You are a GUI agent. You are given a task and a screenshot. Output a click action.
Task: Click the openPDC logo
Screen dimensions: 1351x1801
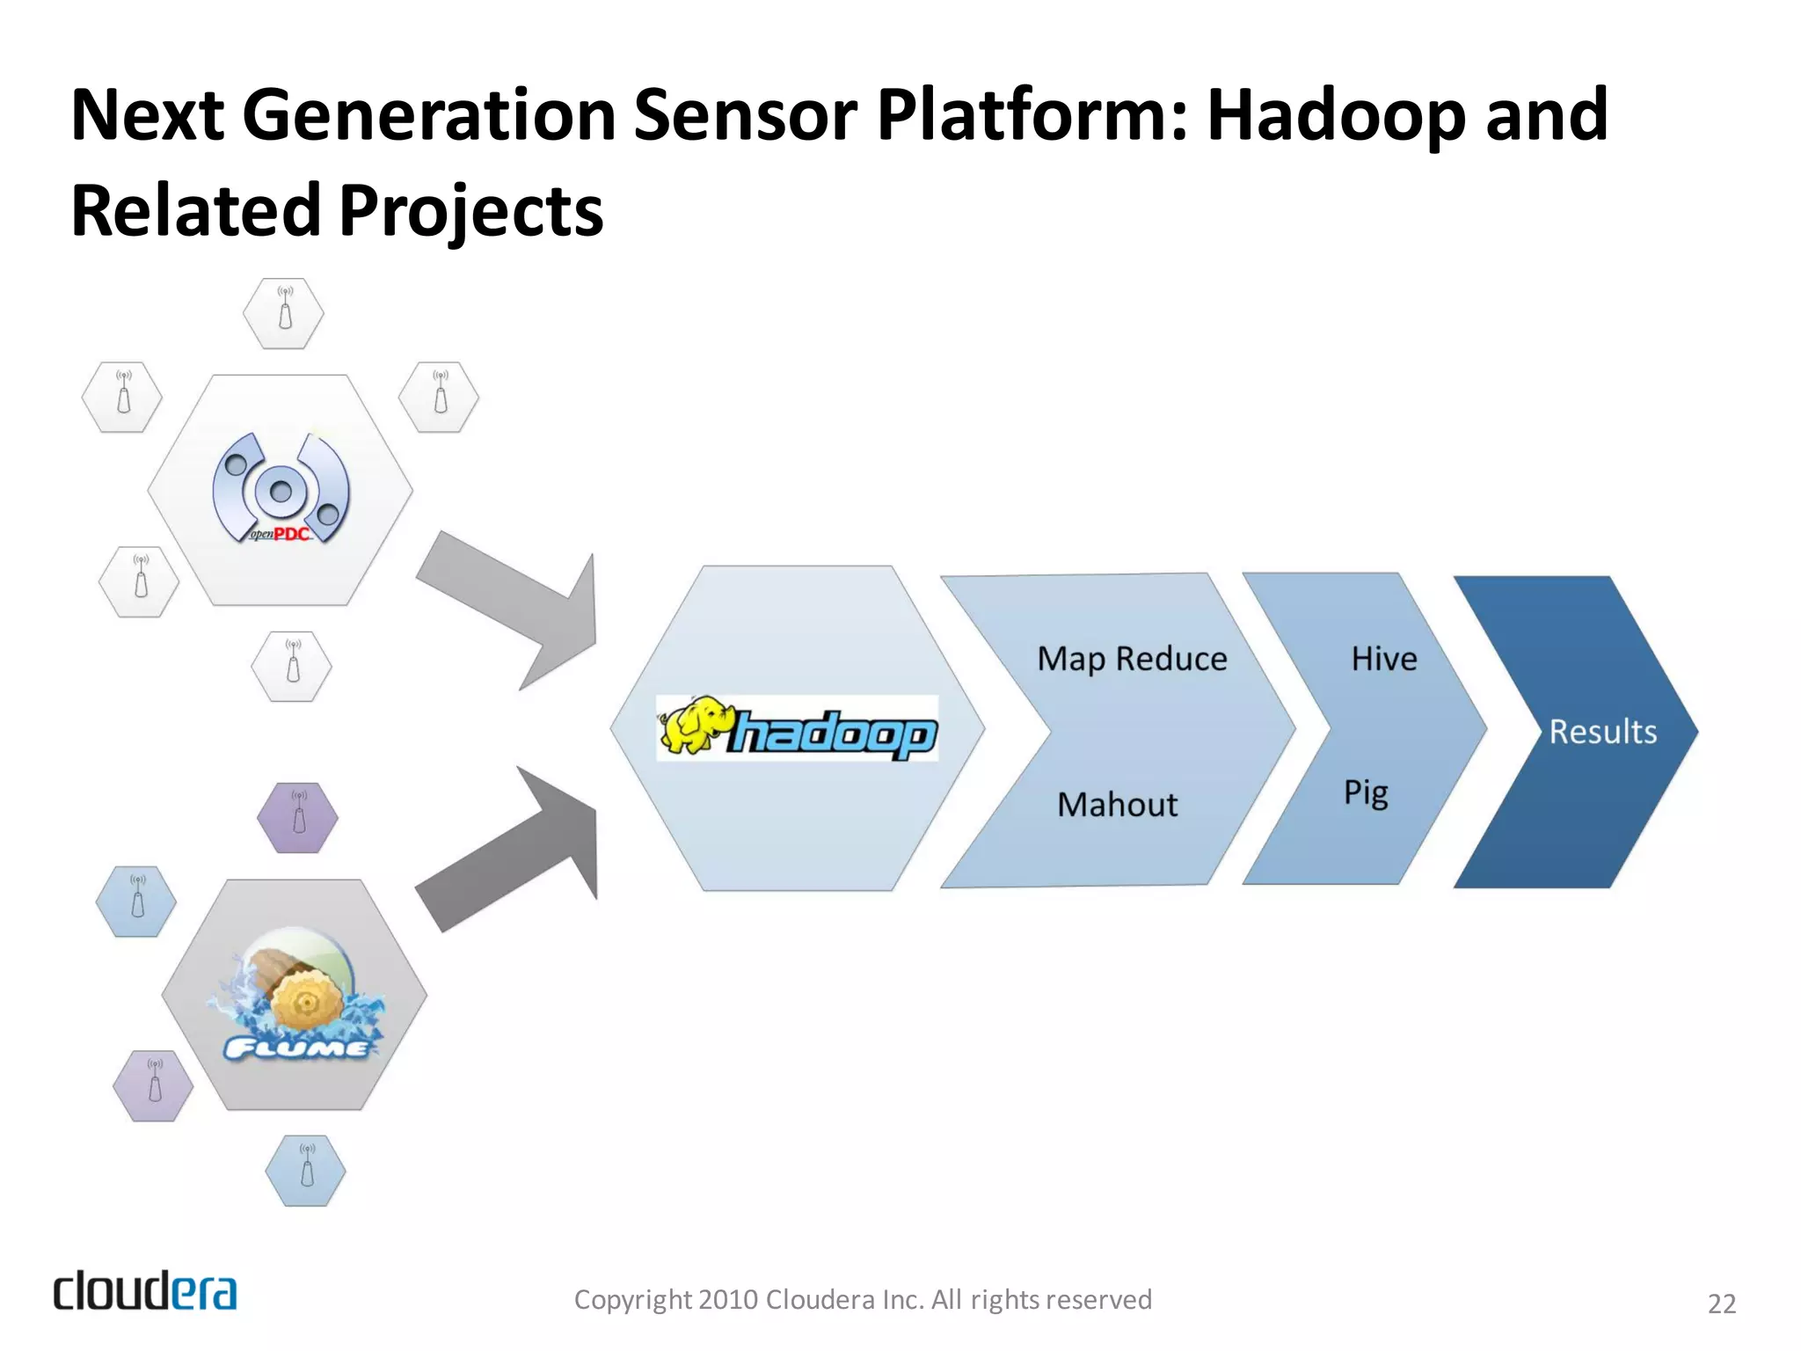281,488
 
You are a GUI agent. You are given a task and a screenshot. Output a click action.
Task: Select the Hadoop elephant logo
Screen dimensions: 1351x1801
797,728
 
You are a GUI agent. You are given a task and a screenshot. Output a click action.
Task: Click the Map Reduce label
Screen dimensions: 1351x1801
1132,659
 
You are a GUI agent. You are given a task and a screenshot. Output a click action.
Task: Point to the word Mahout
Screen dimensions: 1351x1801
1117,804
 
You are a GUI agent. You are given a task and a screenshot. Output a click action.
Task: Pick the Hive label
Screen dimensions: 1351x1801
1383,659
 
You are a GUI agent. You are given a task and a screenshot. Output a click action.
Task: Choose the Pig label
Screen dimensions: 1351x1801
1365,792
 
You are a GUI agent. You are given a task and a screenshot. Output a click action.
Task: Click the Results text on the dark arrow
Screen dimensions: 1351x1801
1602,732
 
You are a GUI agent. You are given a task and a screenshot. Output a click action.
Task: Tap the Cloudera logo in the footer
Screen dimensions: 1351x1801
145,1291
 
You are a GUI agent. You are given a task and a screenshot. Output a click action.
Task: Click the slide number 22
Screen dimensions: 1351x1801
1721,1304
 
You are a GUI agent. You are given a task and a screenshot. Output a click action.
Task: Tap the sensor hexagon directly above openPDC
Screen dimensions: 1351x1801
284,314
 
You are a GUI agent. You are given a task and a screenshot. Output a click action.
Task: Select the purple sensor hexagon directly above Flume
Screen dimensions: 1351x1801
298,818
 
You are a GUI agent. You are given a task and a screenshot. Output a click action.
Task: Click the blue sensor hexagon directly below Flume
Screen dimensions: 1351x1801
306,1171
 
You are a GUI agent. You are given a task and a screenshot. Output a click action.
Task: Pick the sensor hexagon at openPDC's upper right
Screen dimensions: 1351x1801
439,398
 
